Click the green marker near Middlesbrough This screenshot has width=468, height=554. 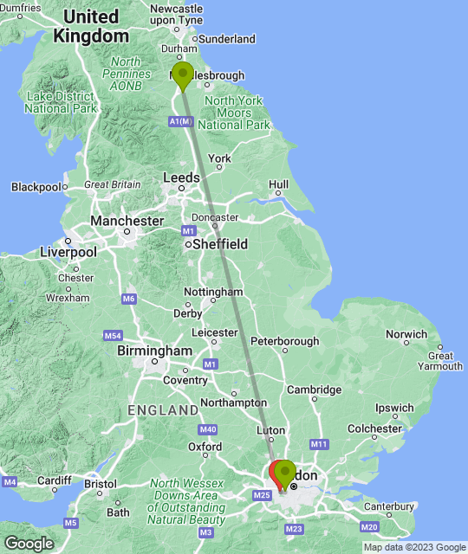[x=182, y=76]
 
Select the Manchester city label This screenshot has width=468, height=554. [x=127, y=221]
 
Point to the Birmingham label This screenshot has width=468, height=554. [x=154, y=351]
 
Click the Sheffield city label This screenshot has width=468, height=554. [x=220, y=244]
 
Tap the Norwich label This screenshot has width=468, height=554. [x=406, y=334]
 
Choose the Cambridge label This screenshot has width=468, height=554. [x=315, y=390]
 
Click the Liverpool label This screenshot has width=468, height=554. [x=68, y=252]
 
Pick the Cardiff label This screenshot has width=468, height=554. [x=54, y=480]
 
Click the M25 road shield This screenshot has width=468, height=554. [x=263, y=494]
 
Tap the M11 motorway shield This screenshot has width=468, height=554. [x=319, y=444]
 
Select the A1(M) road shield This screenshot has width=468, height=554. [x=180, y=122]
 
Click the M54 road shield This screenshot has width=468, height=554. [x=112, y=335]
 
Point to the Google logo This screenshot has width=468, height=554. [x=28, y=543]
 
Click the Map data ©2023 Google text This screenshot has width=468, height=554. [x=414, y=547]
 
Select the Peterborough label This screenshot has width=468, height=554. [x=288, y=341]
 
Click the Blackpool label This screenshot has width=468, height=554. [x=36, y=186]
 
